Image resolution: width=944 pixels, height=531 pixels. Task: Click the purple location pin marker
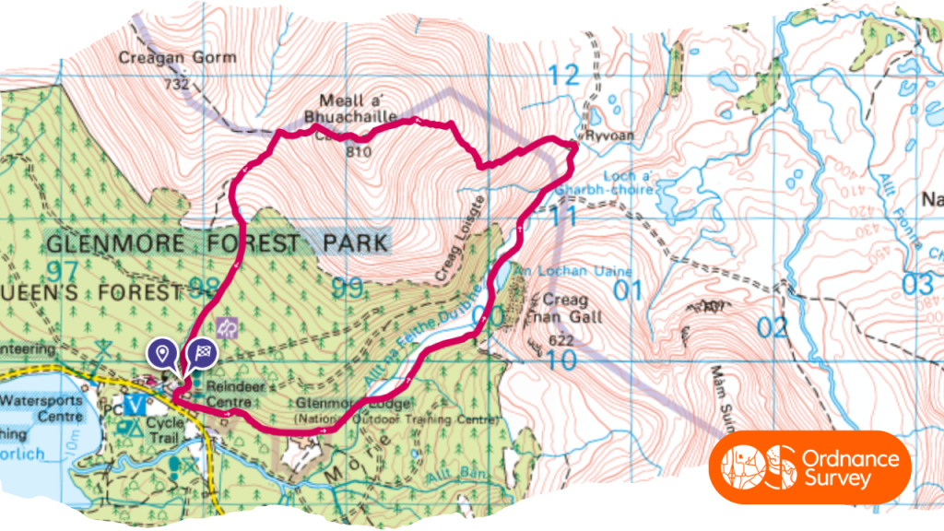162,352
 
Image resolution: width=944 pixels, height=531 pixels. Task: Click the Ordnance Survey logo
809,467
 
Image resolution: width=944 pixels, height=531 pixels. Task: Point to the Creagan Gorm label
177,57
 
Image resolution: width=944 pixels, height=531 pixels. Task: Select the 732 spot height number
177,84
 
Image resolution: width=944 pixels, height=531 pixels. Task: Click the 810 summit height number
359,151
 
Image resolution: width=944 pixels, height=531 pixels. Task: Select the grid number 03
917,284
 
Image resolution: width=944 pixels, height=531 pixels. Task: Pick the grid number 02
773,326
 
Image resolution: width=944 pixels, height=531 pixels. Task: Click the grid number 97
61,271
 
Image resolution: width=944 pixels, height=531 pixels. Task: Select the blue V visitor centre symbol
136,404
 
